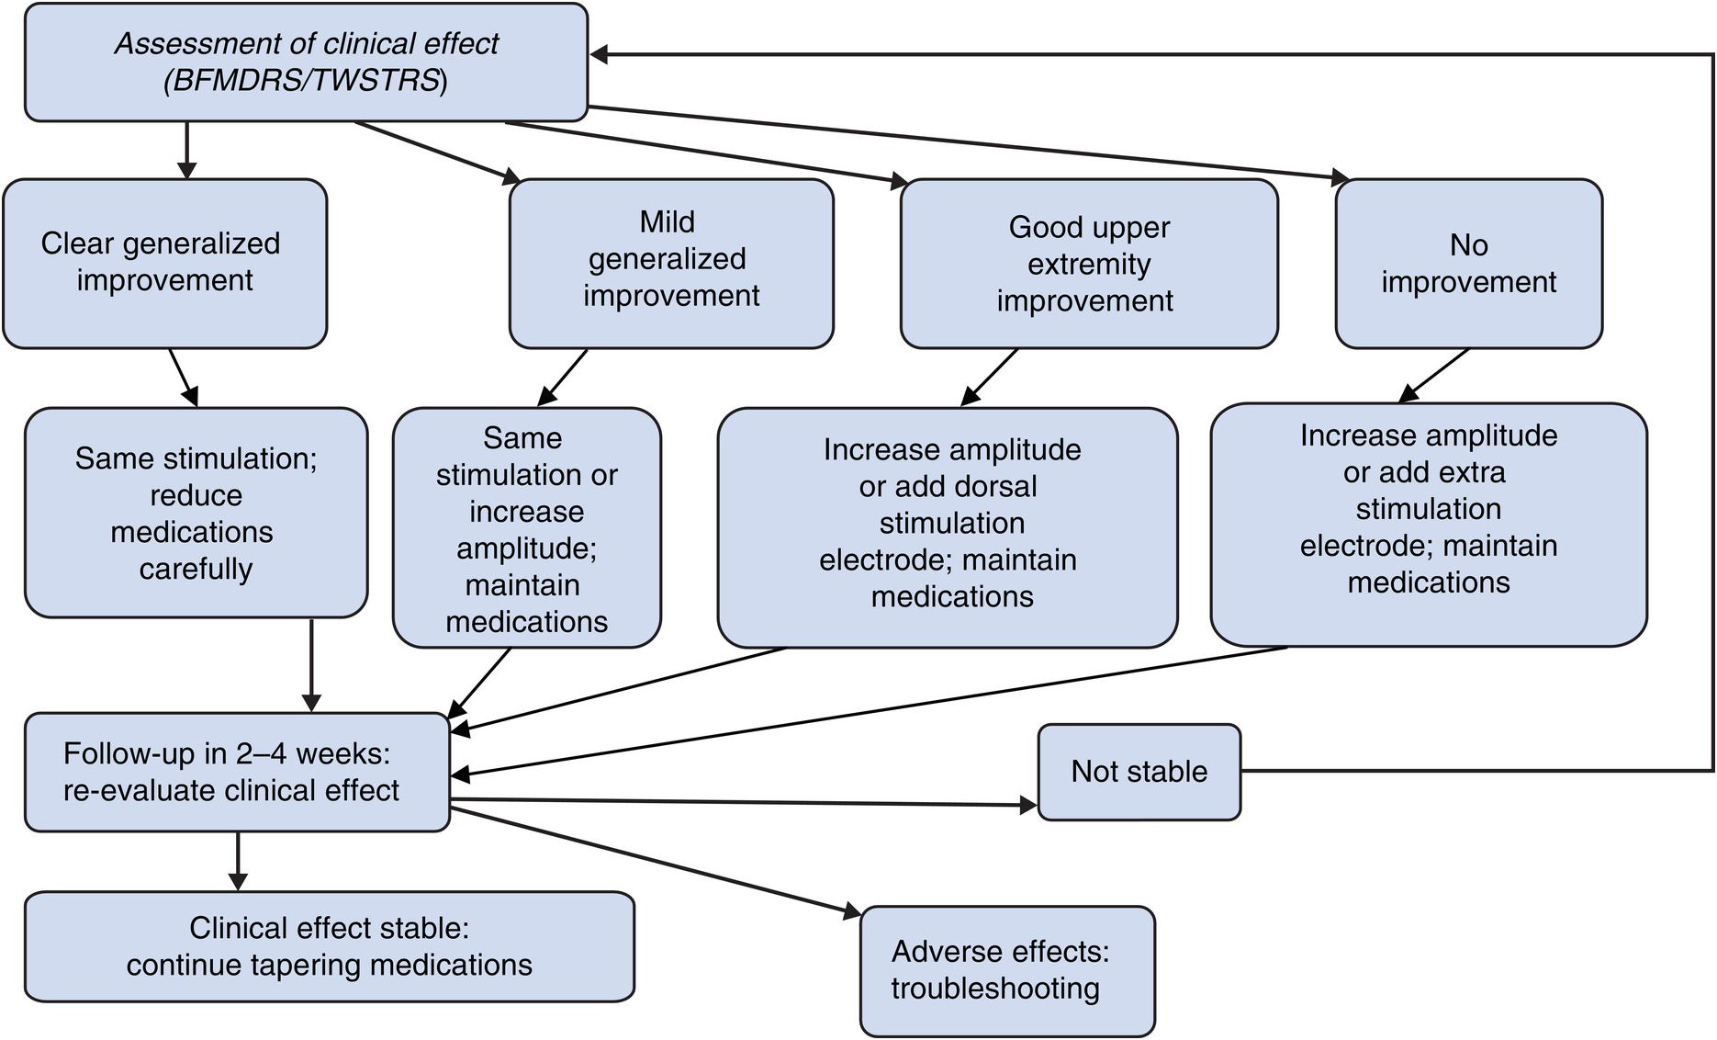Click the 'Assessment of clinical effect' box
tap(306, 62)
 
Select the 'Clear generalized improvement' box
tap(164, 263)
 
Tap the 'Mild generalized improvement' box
tap(671, 263)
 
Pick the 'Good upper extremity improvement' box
tap(1089, 264)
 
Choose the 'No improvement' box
tap(1468, 264)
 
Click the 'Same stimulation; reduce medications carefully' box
tap(196, 513)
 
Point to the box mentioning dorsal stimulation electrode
tap(948, 527)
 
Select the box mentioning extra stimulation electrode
tap(1429, 525)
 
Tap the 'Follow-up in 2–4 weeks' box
tap(237, 772)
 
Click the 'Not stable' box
tap(1139, 772)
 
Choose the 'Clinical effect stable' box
tap(329, 946)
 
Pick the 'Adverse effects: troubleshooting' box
tap(1006, 971)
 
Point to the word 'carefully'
tap(196, 570)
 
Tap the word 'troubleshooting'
tap(995, 989)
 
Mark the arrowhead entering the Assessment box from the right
tap(599, 55)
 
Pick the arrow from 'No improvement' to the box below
tap(1434, 376)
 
